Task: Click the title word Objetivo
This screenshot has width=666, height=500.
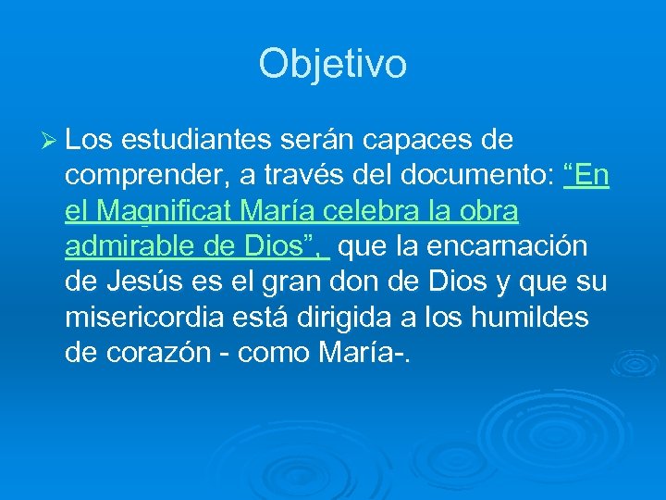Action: point(333,64)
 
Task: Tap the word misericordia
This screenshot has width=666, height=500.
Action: point(144,318)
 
